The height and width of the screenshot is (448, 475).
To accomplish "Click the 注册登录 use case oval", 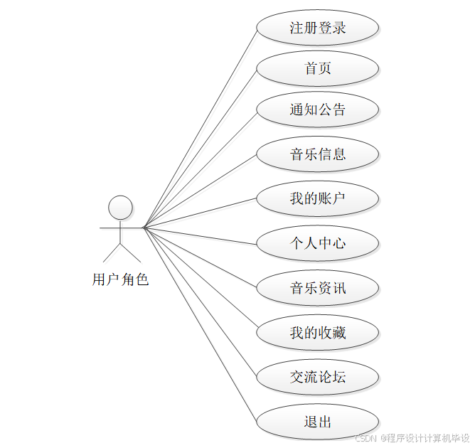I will tap(317, 28).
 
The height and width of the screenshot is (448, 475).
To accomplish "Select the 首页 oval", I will tap(317, 69).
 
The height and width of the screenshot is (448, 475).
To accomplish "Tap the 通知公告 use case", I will tap(317, 110).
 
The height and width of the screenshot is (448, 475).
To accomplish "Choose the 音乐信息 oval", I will tap(317, 154).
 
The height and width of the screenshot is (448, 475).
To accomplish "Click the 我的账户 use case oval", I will tap(317, 198).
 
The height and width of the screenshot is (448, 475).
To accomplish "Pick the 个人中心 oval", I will tap(317, 243).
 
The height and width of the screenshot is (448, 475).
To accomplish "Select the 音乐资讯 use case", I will tap(317, 288).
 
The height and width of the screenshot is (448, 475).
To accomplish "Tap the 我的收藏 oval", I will tap(317, 332).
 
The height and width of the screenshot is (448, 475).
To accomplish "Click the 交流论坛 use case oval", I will tap(317, 377).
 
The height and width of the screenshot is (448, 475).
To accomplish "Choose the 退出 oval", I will tap(317, 422).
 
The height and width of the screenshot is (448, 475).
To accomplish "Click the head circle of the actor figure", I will tap(120, 208).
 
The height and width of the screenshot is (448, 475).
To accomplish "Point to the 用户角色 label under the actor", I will tap(120, 279).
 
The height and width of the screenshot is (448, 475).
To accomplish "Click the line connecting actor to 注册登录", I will tap(200, 129).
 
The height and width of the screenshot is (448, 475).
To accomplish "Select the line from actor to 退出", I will tap(200, 325).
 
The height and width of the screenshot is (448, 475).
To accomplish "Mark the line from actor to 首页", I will tap(200, 149).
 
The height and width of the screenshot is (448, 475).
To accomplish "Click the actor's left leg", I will tap(112, 252).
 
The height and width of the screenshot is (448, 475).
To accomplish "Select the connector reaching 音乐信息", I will tap(200, 191).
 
